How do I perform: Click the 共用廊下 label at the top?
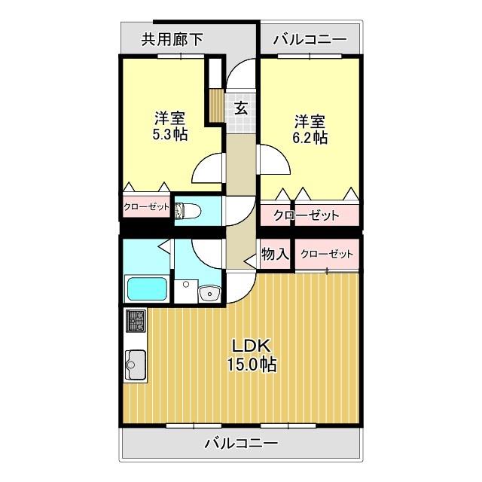coord(172,39)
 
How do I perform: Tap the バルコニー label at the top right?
coord(310,39)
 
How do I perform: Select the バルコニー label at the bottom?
coord(241,443)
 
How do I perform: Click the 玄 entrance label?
coord(241,107)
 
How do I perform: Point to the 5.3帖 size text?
coord(169,135)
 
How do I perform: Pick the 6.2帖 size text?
coord(310,138)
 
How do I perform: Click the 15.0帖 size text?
coord(252,365)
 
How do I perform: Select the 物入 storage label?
coord(275,255)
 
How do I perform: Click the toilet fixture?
coord(185,212)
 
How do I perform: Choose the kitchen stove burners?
coord(136,322)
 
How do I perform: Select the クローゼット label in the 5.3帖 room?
coord(147,207)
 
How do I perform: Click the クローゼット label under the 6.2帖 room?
coord(306,215)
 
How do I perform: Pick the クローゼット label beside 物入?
coord(327,255)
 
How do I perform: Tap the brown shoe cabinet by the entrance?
coord(215,105)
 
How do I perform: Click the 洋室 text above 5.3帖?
coord(170,119)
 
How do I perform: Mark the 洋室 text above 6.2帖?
coord(310,121)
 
